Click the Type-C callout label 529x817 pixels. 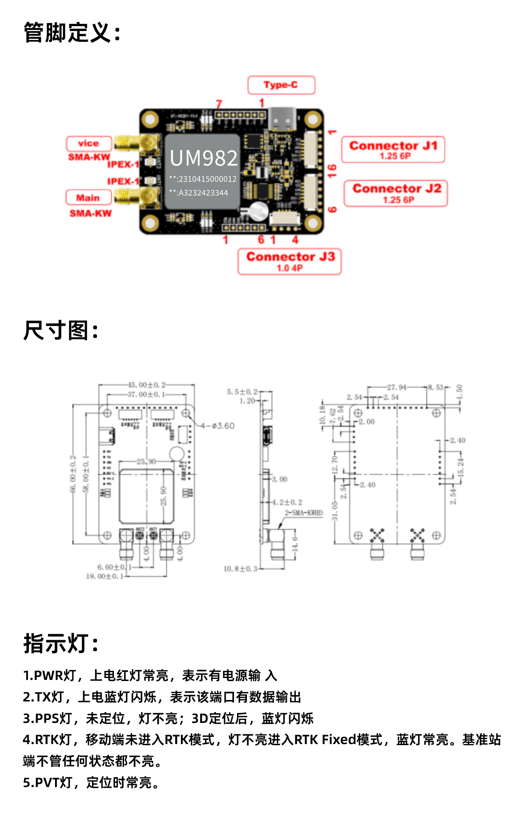[281, 85]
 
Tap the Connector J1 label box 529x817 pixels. [393, 149]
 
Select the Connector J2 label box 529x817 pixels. [396, 193]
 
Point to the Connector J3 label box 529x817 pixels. [290, 261]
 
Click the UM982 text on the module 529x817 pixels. [203, 158]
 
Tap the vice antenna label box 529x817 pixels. [89, 143]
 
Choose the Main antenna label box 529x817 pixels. [89, 198]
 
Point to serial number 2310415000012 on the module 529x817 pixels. [207, 179]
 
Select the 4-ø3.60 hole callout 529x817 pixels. [218, 426]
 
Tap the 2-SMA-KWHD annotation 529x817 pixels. [304, 513]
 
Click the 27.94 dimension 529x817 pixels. [397, 388]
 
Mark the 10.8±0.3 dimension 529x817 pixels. [240, 569]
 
